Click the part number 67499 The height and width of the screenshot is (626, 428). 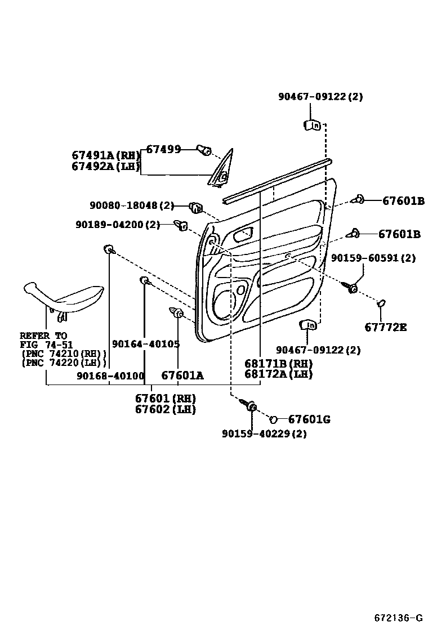tap(163, 149)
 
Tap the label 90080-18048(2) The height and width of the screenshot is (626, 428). tap(132, 206)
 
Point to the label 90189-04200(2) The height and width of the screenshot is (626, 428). tap(118, 225)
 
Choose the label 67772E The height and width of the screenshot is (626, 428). tap(385, 327)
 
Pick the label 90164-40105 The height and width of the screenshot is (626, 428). tap(145, 344)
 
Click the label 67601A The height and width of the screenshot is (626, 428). tap(182, 375)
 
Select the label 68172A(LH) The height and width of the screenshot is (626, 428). tap(278, 374)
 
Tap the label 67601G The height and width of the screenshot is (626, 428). tap(309, 419)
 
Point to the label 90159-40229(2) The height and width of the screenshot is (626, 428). tap(264, 433)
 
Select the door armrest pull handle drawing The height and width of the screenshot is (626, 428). tap(63, 296)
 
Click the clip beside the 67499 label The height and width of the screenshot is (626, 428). tap(203, 150)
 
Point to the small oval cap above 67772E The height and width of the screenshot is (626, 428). tap(381, 303)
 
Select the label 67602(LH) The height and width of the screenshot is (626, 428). tap(165, 409)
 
